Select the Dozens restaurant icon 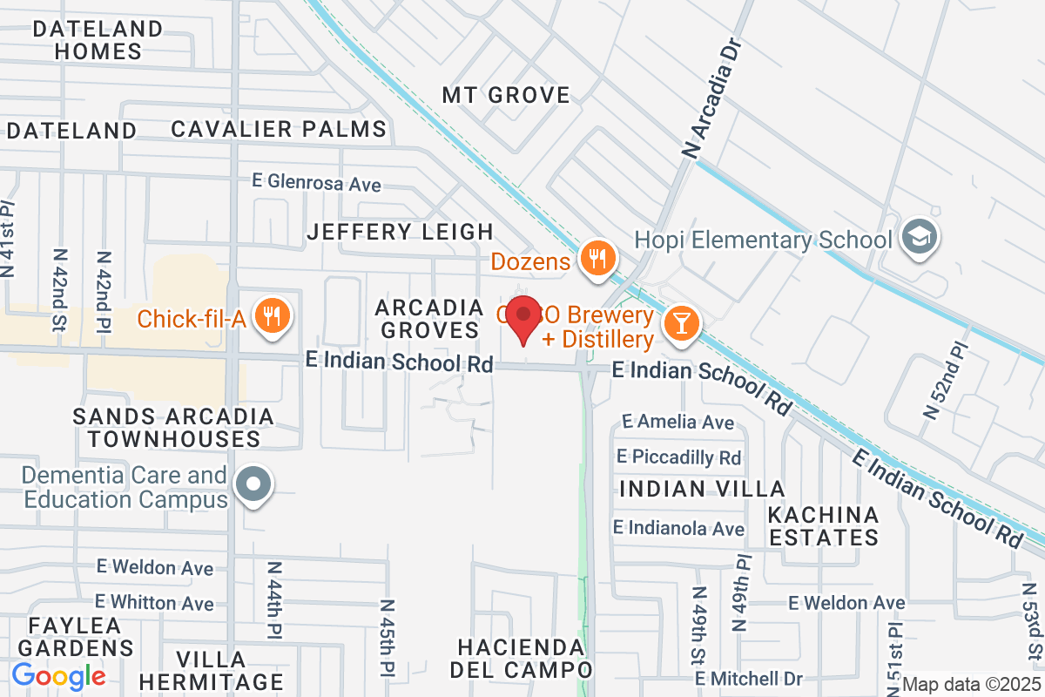coord(597,260)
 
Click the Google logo coord(59,676)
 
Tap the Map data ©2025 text coord(970,684)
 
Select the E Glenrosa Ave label coord(317,184)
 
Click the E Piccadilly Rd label coord(678,457)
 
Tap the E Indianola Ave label coord(678,528)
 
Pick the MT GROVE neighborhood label coord(506,95)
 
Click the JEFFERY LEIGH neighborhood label coord(401,232)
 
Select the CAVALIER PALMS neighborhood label coord(279,130)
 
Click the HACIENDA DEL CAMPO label coord(521,659)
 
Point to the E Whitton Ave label coord(154,603)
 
